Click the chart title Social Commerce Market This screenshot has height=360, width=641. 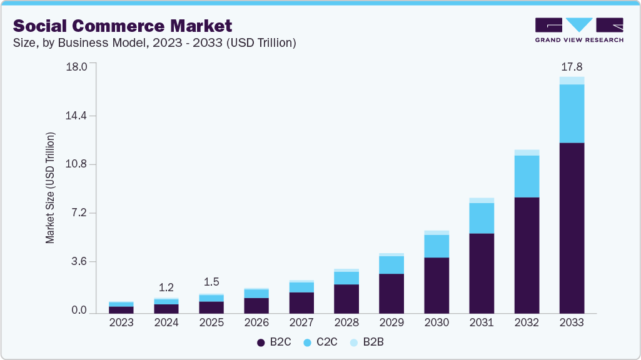pos(123,26)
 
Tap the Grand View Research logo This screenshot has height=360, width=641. pos(579,30)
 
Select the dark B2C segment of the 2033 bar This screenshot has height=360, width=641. pos(572,228)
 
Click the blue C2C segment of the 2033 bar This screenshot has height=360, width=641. pos(572,113)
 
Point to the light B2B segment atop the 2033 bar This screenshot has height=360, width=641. pos(572,81)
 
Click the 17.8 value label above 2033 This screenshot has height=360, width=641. pos(572,66)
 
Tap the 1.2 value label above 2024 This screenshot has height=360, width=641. pos(166,287)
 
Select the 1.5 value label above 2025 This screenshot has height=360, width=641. pos(211,282)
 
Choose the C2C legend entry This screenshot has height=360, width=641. pos(321,342)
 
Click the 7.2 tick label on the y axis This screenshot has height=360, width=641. pos(79,213)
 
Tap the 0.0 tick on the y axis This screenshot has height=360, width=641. pos(79,311)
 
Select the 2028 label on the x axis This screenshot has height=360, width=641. pos(346,322)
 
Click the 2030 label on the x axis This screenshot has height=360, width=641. pos(437,322)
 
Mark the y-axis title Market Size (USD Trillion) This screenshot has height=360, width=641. pos(50,187)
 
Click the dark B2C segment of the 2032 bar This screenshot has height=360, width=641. pos(527,255)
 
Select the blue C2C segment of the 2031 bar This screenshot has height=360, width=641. pos(482,218)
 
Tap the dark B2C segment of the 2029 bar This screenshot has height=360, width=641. pos(391,293)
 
